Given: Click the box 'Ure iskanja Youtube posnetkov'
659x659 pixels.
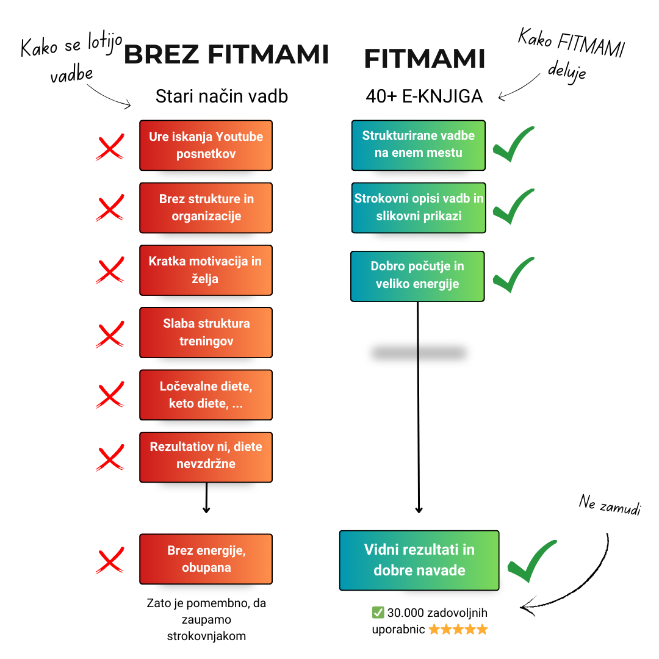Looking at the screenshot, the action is tap(206, 145).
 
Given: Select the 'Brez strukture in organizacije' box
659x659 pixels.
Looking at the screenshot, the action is tap(206, 207).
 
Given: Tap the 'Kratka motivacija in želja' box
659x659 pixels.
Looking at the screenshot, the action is tap(206, 270).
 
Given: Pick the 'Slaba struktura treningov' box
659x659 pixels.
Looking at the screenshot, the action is tap(206, 332).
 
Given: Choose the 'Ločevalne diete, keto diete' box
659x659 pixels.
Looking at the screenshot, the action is tap(206, 395).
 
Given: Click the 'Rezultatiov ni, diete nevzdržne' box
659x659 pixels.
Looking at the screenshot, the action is tap(206, 457).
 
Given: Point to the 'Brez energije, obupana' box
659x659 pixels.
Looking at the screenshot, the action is tap(206, 559).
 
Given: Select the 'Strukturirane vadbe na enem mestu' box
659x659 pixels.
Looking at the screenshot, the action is tap(419, 145).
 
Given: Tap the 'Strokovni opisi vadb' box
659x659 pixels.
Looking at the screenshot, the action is tap(419, 207).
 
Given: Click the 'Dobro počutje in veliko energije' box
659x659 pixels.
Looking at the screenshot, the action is tap(417, 276).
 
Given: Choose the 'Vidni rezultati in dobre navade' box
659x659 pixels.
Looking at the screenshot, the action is tap(419, 560).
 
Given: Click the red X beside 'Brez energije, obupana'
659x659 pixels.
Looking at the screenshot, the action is tap(110, 561).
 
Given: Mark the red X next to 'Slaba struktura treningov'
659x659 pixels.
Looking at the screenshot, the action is tap(110, 334).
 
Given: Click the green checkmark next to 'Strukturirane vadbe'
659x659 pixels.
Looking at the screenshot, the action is tap(513, 145).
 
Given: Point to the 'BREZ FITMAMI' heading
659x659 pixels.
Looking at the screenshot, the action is tap(226, 55).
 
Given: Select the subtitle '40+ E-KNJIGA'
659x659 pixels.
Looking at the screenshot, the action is tap(424, 96).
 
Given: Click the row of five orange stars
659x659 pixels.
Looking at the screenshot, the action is tap(458, 629).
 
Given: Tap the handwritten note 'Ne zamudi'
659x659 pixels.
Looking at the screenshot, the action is tap(610, 505).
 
